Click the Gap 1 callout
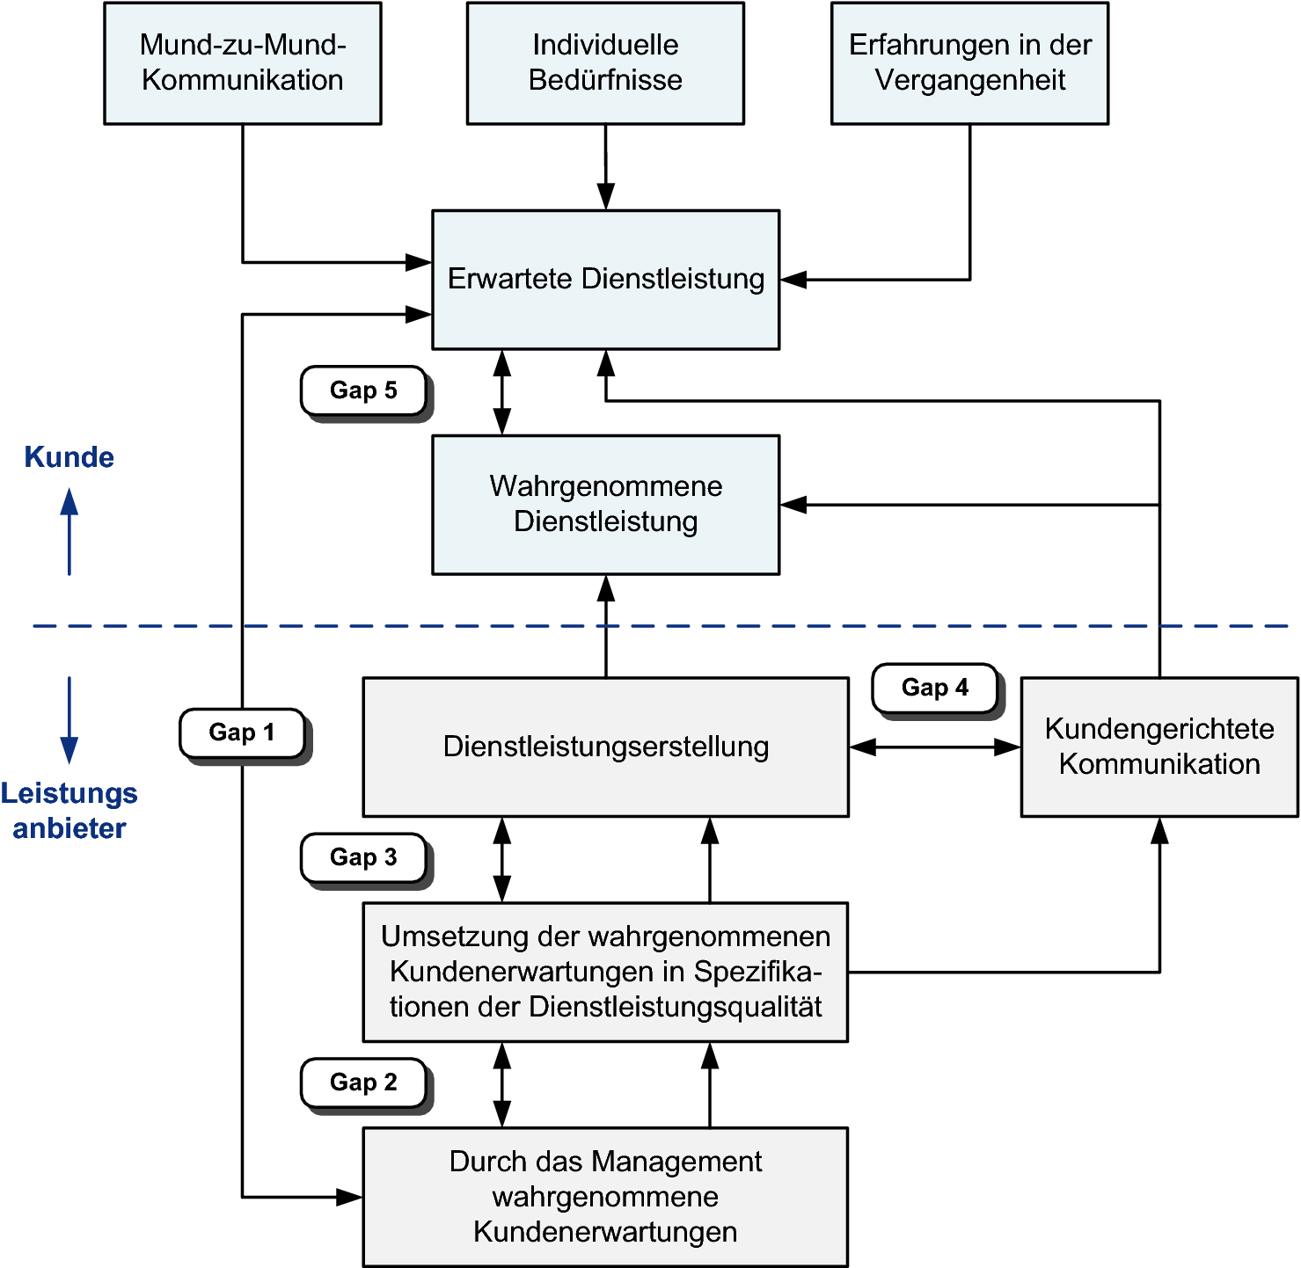[242, 732]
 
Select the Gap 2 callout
[363, 1082]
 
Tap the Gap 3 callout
[363, 857]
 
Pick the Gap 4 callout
[934, 688]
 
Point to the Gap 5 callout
[363, 390]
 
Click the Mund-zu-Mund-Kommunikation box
[243, 63]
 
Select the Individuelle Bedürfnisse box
[605, 63]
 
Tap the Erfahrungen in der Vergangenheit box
[969, 63]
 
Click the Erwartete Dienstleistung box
[605, 280]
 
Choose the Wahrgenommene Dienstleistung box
[605, 504]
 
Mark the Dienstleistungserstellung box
[605, 747]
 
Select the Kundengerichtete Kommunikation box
[1159, 747]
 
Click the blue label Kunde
[69, 457]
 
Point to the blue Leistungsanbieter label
[69, 811]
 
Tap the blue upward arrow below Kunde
[69, 532]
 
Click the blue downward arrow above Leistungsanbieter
[69, 719]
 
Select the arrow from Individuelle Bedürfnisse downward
[606, 167]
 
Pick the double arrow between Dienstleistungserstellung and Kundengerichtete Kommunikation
[934, 747]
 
